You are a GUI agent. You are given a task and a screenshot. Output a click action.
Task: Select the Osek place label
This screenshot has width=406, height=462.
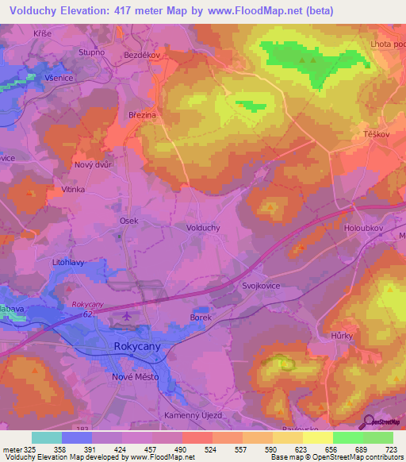128,221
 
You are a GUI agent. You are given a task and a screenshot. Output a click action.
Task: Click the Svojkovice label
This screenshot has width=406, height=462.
262,286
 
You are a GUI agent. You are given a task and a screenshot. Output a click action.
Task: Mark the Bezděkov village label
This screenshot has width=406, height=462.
143,54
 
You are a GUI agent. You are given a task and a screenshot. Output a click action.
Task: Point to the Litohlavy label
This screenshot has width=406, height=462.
68,261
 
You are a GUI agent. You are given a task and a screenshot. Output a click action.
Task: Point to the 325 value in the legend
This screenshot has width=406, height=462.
32,450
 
